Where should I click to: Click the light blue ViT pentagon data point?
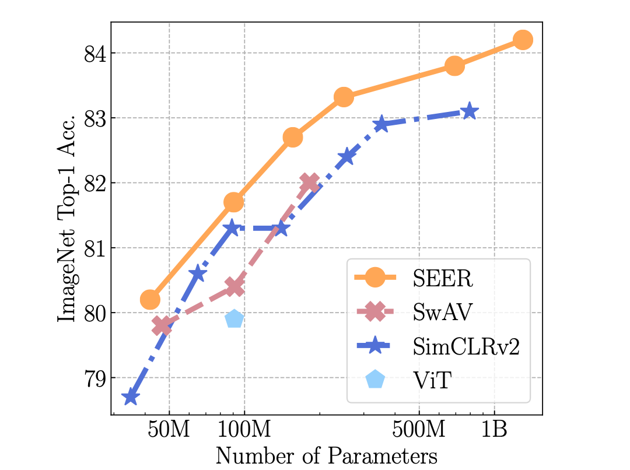234,319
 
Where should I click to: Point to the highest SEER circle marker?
523,40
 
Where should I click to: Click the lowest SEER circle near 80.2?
150,300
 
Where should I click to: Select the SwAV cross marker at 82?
310,183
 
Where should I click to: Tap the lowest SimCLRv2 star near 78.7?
130,398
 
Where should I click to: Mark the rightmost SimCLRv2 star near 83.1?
469,111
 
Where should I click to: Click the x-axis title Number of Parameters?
326,455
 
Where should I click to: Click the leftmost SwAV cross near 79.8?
162,326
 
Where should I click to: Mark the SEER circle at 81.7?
233,202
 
